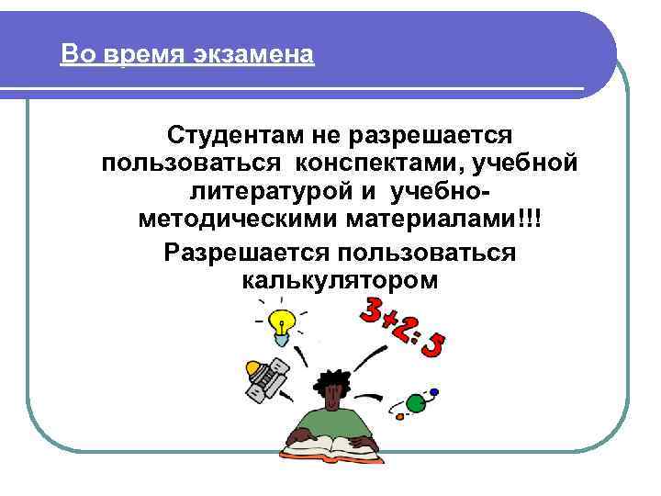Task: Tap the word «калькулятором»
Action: click(x=340, y=280)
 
